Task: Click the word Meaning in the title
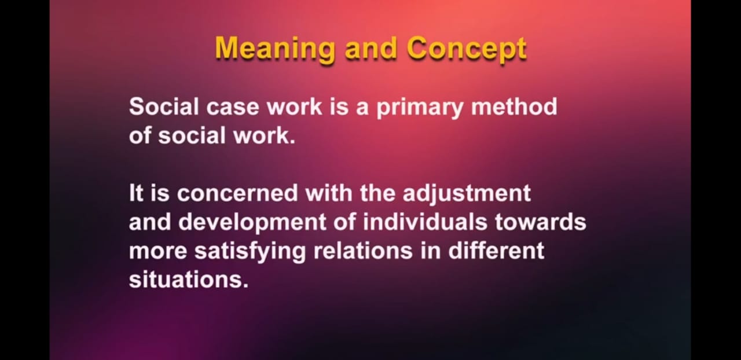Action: click(x=274, y=49)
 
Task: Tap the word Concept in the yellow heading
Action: click(x=467, y=49)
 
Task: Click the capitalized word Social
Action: click(x=164, y=106)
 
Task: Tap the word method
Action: click(x=514, y=106)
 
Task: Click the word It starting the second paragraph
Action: click(x=136, y=193)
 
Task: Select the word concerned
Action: click(x=237, y=193)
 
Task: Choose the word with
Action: click(x=329, y=193)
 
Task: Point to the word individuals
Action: click(x=425, y=221)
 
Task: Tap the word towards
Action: click(x=541, y=222)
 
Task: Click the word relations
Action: click(x=363, y=251)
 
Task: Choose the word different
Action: click(x=496, y=250)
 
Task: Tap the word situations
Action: click(x=188, y=280)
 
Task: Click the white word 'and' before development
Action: click(x=150, y=222)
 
